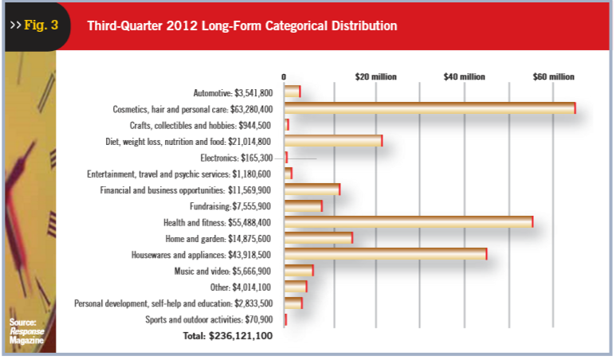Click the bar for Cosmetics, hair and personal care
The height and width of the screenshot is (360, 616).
click(430, 108)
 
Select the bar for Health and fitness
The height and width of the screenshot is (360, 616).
click(408, 221)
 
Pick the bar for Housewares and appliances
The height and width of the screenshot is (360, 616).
click(385, 254)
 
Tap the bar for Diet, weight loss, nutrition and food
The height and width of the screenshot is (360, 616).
click(333, 141)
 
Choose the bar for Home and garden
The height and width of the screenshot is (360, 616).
click(318, 237)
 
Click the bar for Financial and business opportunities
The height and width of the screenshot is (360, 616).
click(312, 190)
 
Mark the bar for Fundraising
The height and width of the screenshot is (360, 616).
click(303, 206)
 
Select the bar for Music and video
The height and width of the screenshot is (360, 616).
click(299, 270)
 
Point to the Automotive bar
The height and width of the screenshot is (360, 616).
click(292, 92)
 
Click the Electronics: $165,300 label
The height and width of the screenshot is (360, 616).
click(236, 157)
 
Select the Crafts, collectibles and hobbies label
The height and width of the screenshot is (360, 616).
click(200, 125)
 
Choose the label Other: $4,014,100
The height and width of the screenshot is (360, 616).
click(243, 287)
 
